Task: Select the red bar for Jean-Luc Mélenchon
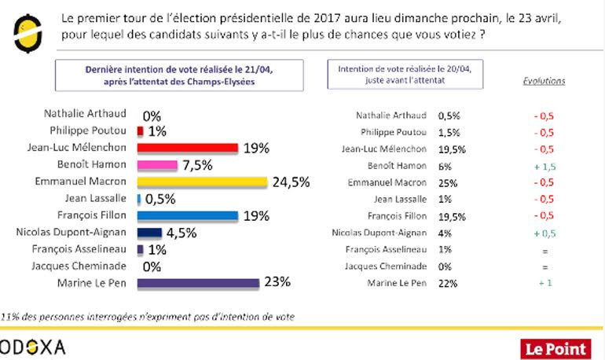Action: coord(187,148)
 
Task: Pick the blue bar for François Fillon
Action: coord(187,215)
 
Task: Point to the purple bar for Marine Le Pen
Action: coord(198,283)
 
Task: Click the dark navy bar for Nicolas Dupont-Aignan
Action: coord(149,233)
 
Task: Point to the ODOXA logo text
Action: coord(33,347)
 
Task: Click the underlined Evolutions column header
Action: coord(544,81)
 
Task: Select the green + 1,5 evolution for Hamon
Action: coord(544,166)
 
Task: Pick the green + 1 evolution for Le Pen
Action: coord(544,284)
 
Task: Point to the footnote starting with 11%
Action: coord(149,317)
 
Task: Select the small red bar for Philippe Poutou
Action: coord(140,131)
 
